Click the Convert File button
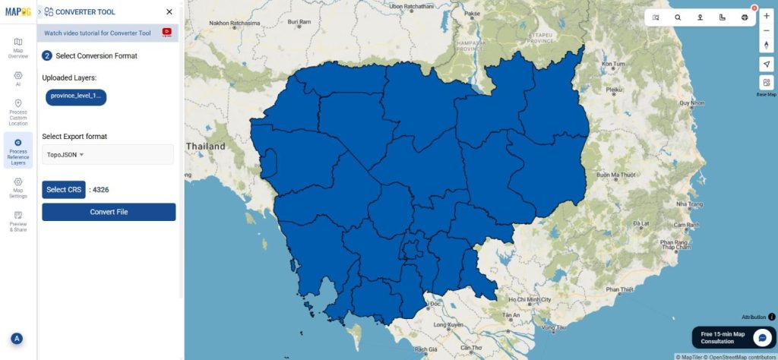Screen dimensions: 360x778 point(109,212)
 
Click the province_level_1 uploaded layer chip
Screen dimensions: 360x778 point(74,96)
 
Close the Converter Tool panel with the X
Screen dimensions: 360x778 point(169,12)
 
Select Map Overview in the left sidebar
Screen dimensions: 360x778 point(18,47)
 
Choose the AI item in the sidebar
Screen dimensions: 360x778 point(18,79)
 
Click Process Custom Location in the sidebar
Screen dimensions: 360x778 point(18,112)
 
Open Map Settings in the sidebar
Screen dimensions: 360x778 point(18,188)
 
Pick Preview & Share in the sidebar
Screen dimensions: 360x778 point(18,220)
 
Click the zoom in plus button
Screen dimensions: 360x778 point(766,16)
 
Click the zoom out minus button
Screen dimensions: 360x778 point(766,30)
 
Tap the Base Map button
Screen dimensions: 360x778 point(766,86)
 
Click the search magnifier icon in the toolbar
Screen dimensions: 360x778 point(678,17)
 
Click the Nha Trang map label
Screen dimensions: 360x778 point(689,204)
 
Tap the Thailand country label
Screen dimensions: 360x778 point(207,146)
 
